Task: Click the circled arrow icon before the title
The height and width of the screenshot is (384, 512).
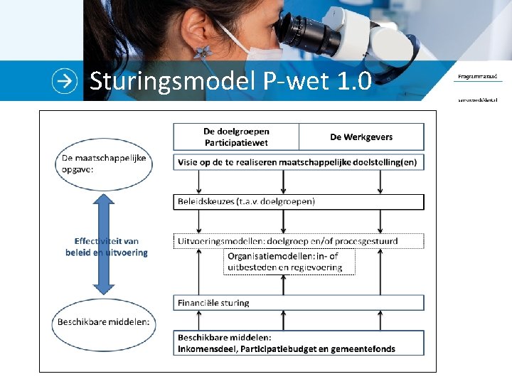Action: tap(65, 81)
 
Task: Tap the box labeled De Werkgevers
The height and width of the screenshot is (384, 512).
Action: tap(361, 137)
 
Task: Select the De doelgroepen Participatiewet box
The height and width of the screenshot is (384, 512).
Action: tap(236, 137)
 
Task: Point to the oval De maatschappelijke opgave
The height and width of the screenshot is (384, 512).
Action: tap(104, 163)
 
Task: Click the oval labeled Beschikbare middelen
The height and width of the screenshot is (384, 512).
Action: tap(104, 321)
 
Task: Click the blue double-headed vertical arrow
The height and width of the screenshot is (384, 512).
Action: tap(104, 244)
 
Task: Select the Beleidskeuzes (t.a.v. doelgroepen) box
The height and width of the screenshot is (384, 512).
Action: tap(299, 201)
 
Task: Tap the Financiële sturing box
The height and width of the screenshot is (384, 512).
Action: tap(299, 302)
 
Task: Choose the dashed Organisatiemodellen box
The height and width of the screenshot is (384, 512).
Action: tap(289, 262)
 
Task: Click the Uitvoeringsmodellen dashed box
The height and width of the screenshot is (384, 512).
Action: tap(299, 240)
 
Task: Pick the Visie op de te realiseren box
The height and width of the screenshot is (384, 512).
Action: tap(299, 162)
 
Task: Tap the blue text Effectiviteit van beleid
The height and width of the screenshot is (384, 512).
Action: tap(107, 246)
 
